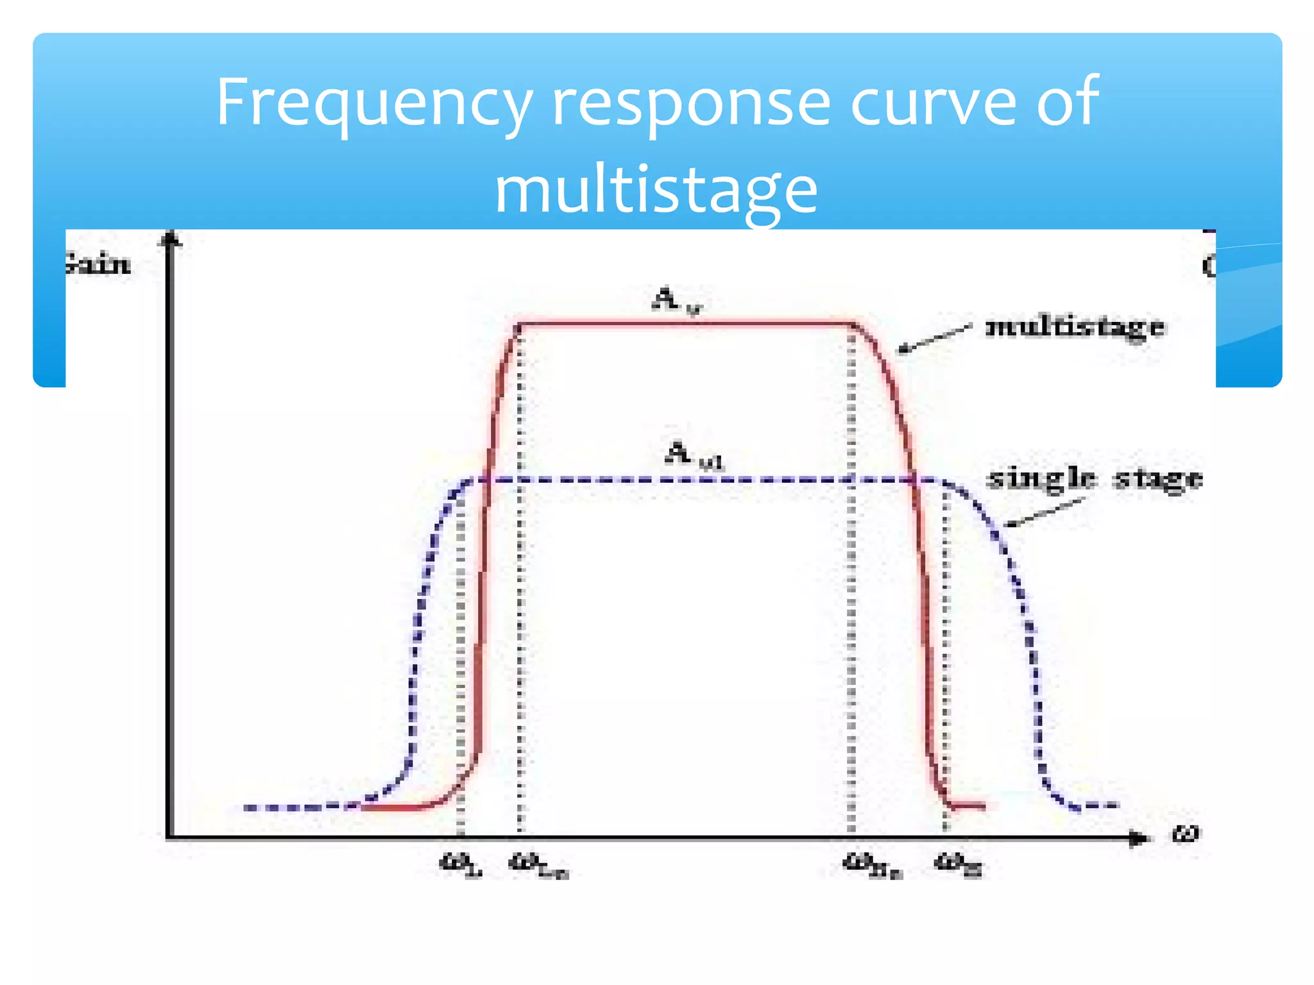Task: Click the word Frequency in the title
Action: tap(374, 103)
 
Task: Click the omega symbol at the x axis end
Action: tap(1185, 834)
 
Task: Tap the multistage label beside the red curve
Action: tap(1075, 327)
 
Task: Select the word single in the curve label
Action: tap(1040, 479)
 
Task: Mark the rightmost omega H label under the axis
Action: tap(958, 865)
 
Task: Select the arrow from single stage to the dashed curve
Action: tap(1043, 513)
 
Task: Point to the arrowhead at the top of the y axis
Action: tap(170, 239)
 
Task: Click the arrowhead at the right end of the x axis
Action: tap(1138, 838)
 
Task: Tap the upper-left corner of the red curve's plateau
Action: tap(519, 325)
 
